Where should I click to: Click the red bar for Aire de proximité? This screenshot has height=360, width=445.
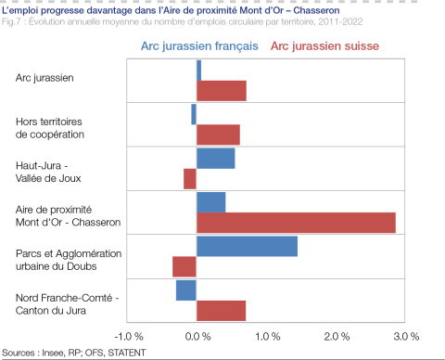pos(296,223)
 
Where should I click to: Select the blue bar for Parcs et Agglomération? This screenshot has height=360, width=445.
pos(247,246)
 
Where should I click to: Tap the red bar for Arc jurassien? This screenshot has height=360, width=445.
pos(221,90)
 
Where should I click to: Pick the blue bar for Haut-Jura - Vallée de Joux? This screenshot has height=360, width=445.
pos(215,159)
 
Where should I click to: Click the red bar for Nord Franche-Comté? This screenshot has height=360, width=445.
pos(221,311)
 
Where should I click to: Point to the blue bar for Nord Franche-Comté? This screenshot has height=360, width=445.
pos(186,289)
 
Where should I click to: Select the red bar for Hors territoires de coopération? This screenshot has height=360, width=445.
pos(218,135)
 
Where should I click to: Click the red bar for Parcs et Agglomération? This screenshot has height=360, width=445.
pos(184,267)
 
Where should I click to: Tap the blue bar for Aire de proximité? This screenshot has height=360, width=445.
pos(210,201)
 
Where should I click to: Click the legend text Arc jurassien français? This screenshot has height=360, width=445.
pos(199,45)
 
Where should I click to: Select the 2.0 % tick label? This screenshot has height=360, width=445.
pos(337,335)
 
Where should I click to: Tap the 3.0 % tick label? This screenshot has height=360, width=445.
pos(406,335)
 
